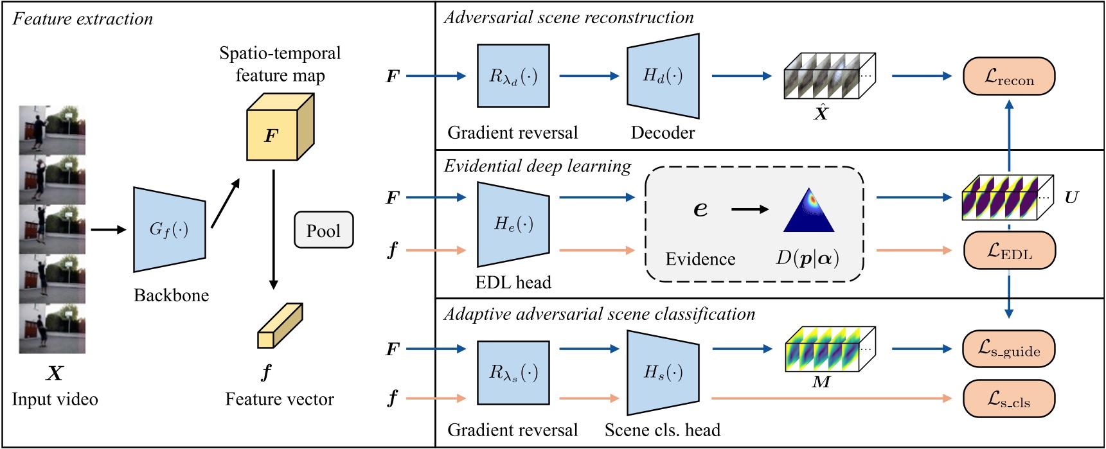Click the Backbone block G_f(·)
[x=169, y=229]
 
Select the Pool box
[x=323, y=230]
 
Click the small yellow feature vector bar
[x=280, y=326]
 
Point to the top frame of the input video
[x=52, y=130]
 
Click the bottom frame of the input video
[x=52, y=329]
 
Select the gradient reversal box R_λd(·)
[x=513, y=76]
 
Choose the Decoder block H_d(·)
[x=663, y=76]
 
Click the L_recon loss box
[x=1008, y=76]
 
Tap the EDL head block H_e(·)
[x=513, y=224]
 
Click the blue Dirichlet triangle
[x=808, y=212]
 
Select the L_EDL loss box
[x=1009, y=251]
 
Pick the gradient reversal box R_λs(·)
[x=513, y=373]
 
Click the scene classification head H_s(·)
[x=663, y=373]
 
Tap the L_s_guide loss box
[x=1008, y=349]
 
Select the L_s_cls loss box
[x=1008, y=398]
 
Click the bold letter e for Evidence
[x=700, y=209]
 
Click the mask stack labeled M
[x=830, y=349]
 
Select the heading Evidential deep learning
[x=537, y=166]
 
